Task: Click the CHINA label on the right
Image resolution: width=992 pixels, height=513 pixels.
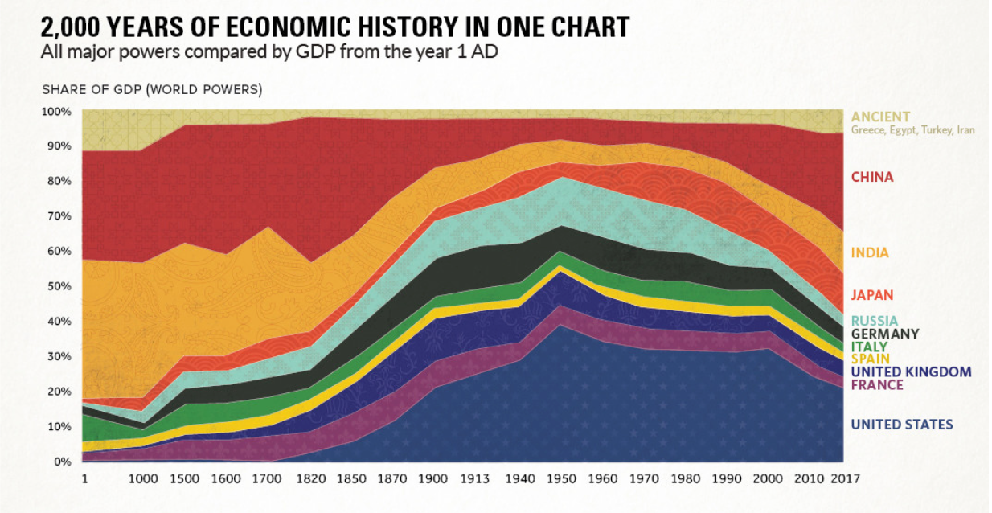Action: click(x=872, y=177)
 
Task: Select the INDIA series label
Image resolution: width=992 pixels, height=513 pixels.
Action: click(x=870, y=252)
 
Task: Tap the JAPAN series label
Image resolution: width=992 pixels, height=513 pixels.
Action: click(x=872, y=295)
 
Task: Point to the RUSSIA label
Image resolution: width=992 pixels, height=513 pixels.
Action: click(x=875, y=321)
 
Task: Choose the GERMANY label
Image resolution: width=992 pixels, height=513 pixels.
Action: click(x=885, y=334)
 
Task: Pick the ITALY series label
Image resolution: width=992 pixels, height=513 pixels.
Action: click(x=869, y=347)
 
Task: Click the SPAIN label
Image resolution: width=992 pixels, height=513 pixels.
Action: click(x=870, y=359)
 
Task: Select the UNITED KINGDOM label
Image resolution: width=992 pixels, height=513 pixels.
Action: click(x=911, y=371)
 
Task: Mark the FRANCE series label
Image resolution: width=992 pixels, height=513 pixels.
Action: click(x=877, y=384)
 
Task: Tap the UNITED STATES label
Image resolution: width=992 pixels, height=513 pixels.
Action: click(x=902, y=425)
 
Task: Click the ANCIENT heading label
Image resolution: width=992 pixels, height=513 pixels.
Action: click(x=880, y=117)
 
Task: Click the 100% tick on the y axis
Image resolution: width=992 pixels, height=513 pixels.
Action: click(x=58, y=111)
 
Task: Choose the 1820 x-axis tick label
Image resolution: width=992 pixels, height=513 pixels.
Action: click(x=309, y=478)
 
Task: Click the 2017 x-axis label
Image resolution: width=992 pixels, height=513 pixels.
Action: click(x=845, y=478)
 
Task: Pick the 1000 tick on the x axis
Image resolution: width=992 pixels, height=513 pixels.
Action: click(x=142, y=478)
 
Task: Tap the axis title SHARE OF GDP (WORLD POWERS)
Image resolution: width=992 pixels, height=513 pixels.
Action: click(x=152, y=89)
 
